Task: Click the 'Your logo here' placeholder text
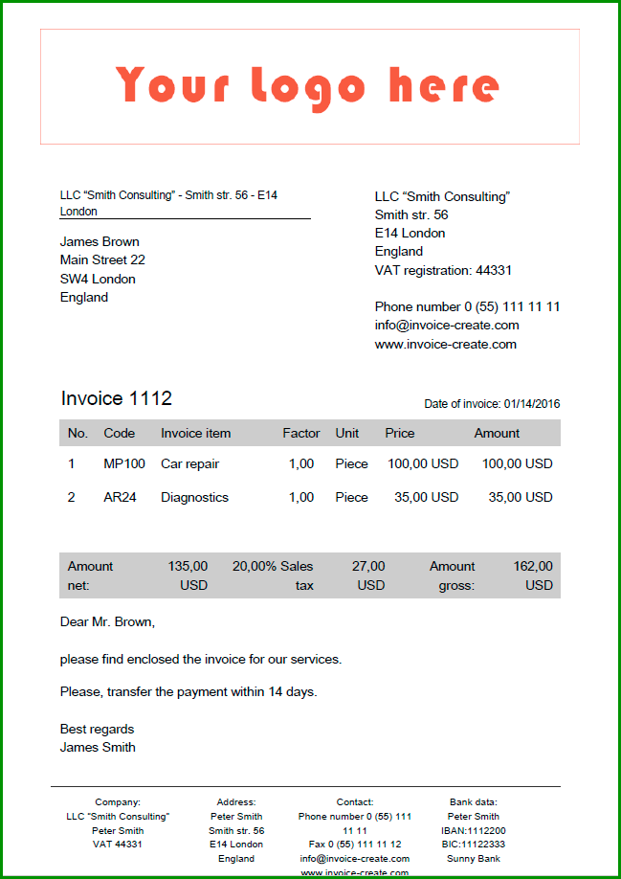pos(308,86)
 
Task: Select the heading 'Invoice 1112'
pos(117,398)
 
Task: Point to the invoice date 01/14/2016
pos(531,404)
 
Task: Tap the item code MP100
pos(124,463)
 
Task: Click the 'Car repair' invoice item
pos(189,463)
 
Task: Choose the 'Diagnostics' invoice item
pos(194,497)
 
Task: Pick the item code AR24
pos(120,497)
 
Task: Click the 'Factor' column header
pos(301,433)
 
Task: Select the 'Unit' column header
pos(347,433)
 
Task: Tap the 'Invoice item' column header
pos(195,433)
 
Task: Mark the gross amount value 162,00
pos(533,566)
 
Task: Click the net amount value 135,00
pos(188,566)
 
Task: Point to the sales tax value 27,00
pos(368,566)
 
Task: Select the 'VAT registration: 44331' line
pos(443,270)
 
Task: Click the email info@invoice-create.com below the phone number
pos(447,326)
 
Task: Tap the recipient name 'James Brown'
pos(100,241)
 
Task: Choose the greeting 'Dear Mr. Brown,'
pos(107,621)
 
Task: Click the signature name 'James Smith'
pos(98,747)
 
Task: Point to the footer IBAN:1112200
pos(474,831)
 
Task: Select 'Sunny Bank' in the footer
pos(474,859)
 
